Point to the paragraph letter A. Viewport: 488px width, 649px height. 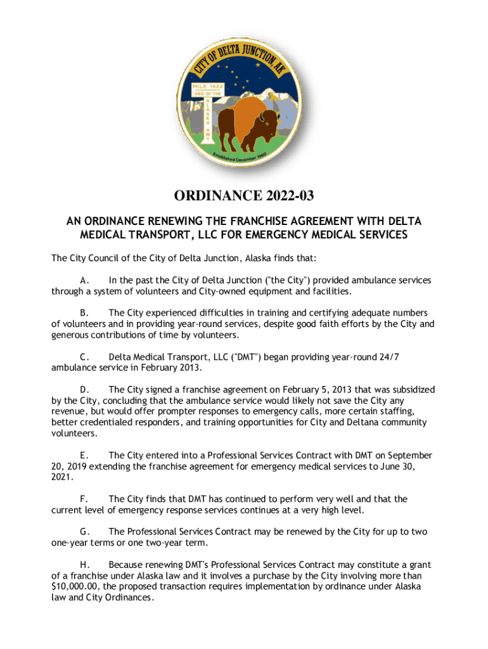point(84,280)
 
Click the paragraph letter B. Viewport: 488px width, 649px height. point(84,313)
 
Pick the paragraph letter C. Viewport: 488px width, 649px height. point(84,357)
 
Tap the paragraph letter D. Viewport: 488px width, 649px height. point(84,390)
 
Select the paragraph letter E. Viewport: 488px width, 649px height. point(84,456)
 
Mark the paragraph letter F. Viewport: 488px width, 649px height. point(84,499)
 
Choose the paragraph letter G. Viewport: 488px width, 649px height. point(84,532)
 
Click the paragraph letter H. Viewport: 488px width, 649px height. point(84,565)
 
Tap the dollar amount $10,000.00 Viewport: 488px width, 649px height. point(76,586)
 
